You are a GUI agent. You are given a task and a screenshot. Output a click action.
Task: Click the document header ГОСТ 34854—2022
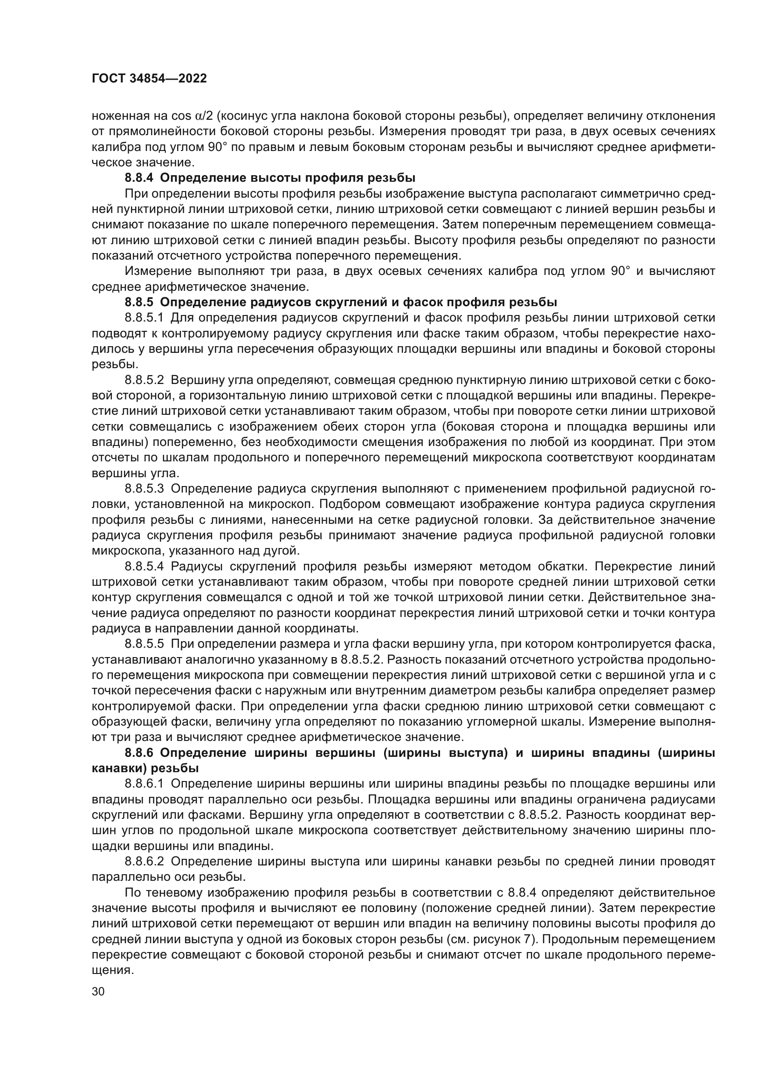[149, 79]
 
